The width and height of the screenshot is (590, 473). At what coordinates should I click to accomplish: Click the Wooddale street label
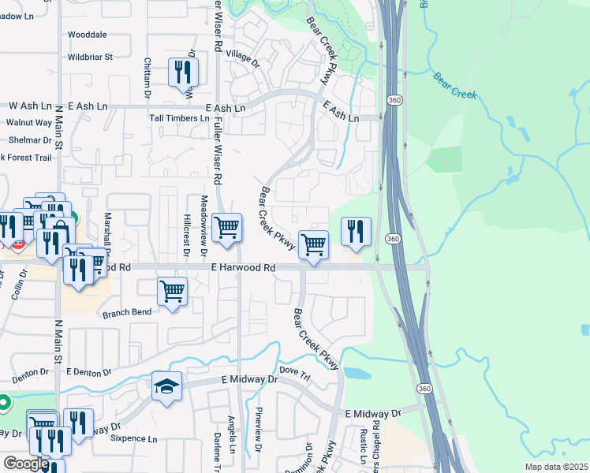click(x=87, y=35)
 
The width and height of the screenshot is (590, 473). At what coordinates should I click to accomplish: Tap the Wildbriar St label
click(x=91, y=57)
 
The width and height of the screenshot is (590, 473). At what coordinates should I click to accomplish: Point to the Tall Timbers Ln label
click(x=180, y=118)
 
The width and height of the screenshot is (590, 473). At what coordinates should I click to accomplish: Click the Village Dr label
click(x=242, y=57)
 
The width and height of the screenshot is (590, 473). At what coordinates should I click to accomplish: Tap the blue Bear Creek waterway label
click(x=455, y=87)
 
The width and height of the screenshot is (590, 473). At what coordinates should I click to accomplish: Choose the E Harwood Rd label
click(x=243, y=268)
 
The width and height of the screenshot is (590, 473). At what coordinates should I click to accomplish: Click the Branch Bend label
click(x=126, y=313)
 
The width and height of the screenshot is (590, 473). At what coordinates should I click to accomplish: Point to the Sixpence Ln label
click(x=133, y=438)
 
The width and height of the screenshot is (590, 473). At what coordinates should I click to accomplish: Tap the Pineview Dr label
click(x=258, y=429)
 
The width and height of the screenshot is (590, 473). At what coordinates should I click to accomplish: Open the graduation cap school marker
click(x=167, y=386)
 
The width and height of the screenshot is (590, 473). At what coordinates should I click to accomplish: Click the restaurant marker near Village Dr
click(x=183, y=73)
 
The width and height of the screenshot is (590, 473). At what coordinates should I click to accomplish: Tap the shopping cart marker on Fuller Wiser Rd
click(x=227, y=227)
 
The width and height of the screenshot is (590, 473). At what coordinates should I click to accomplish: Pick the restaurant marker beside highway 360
click(x=356, y=230)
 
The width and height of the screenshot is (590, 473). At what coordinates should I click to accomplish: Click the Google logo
click(x=26, y=464)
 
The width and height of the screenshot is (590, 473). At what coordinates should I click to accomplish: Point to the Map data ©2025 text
click(x=555, y=467)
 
